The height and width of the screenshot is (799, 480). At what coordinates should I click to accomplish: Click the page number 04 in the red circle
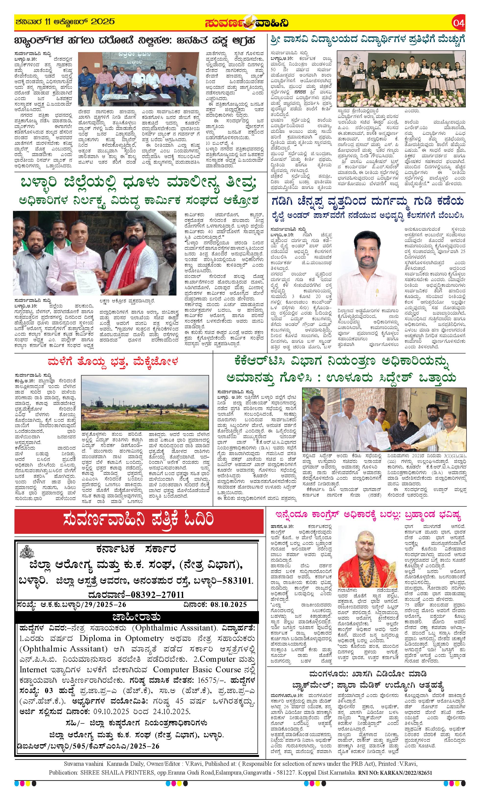pyautogui.click(x=459, y=23)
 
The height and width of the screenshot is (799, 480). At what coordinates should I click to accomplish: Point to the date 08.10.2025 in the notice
pyautogui.click(x=228, y=605)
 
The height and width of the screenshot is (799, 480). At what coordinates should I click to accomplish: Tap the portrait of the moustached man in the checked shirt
pyautogui.click(x=366, y=259)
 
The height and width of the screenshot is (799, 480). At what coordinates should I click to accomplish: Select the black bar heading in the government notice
pyautogui.click(x=137, y=617)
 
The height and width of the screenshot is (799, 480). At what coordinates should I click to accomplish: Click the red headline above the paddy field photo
pyautogui.click(x=112, y=361)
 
